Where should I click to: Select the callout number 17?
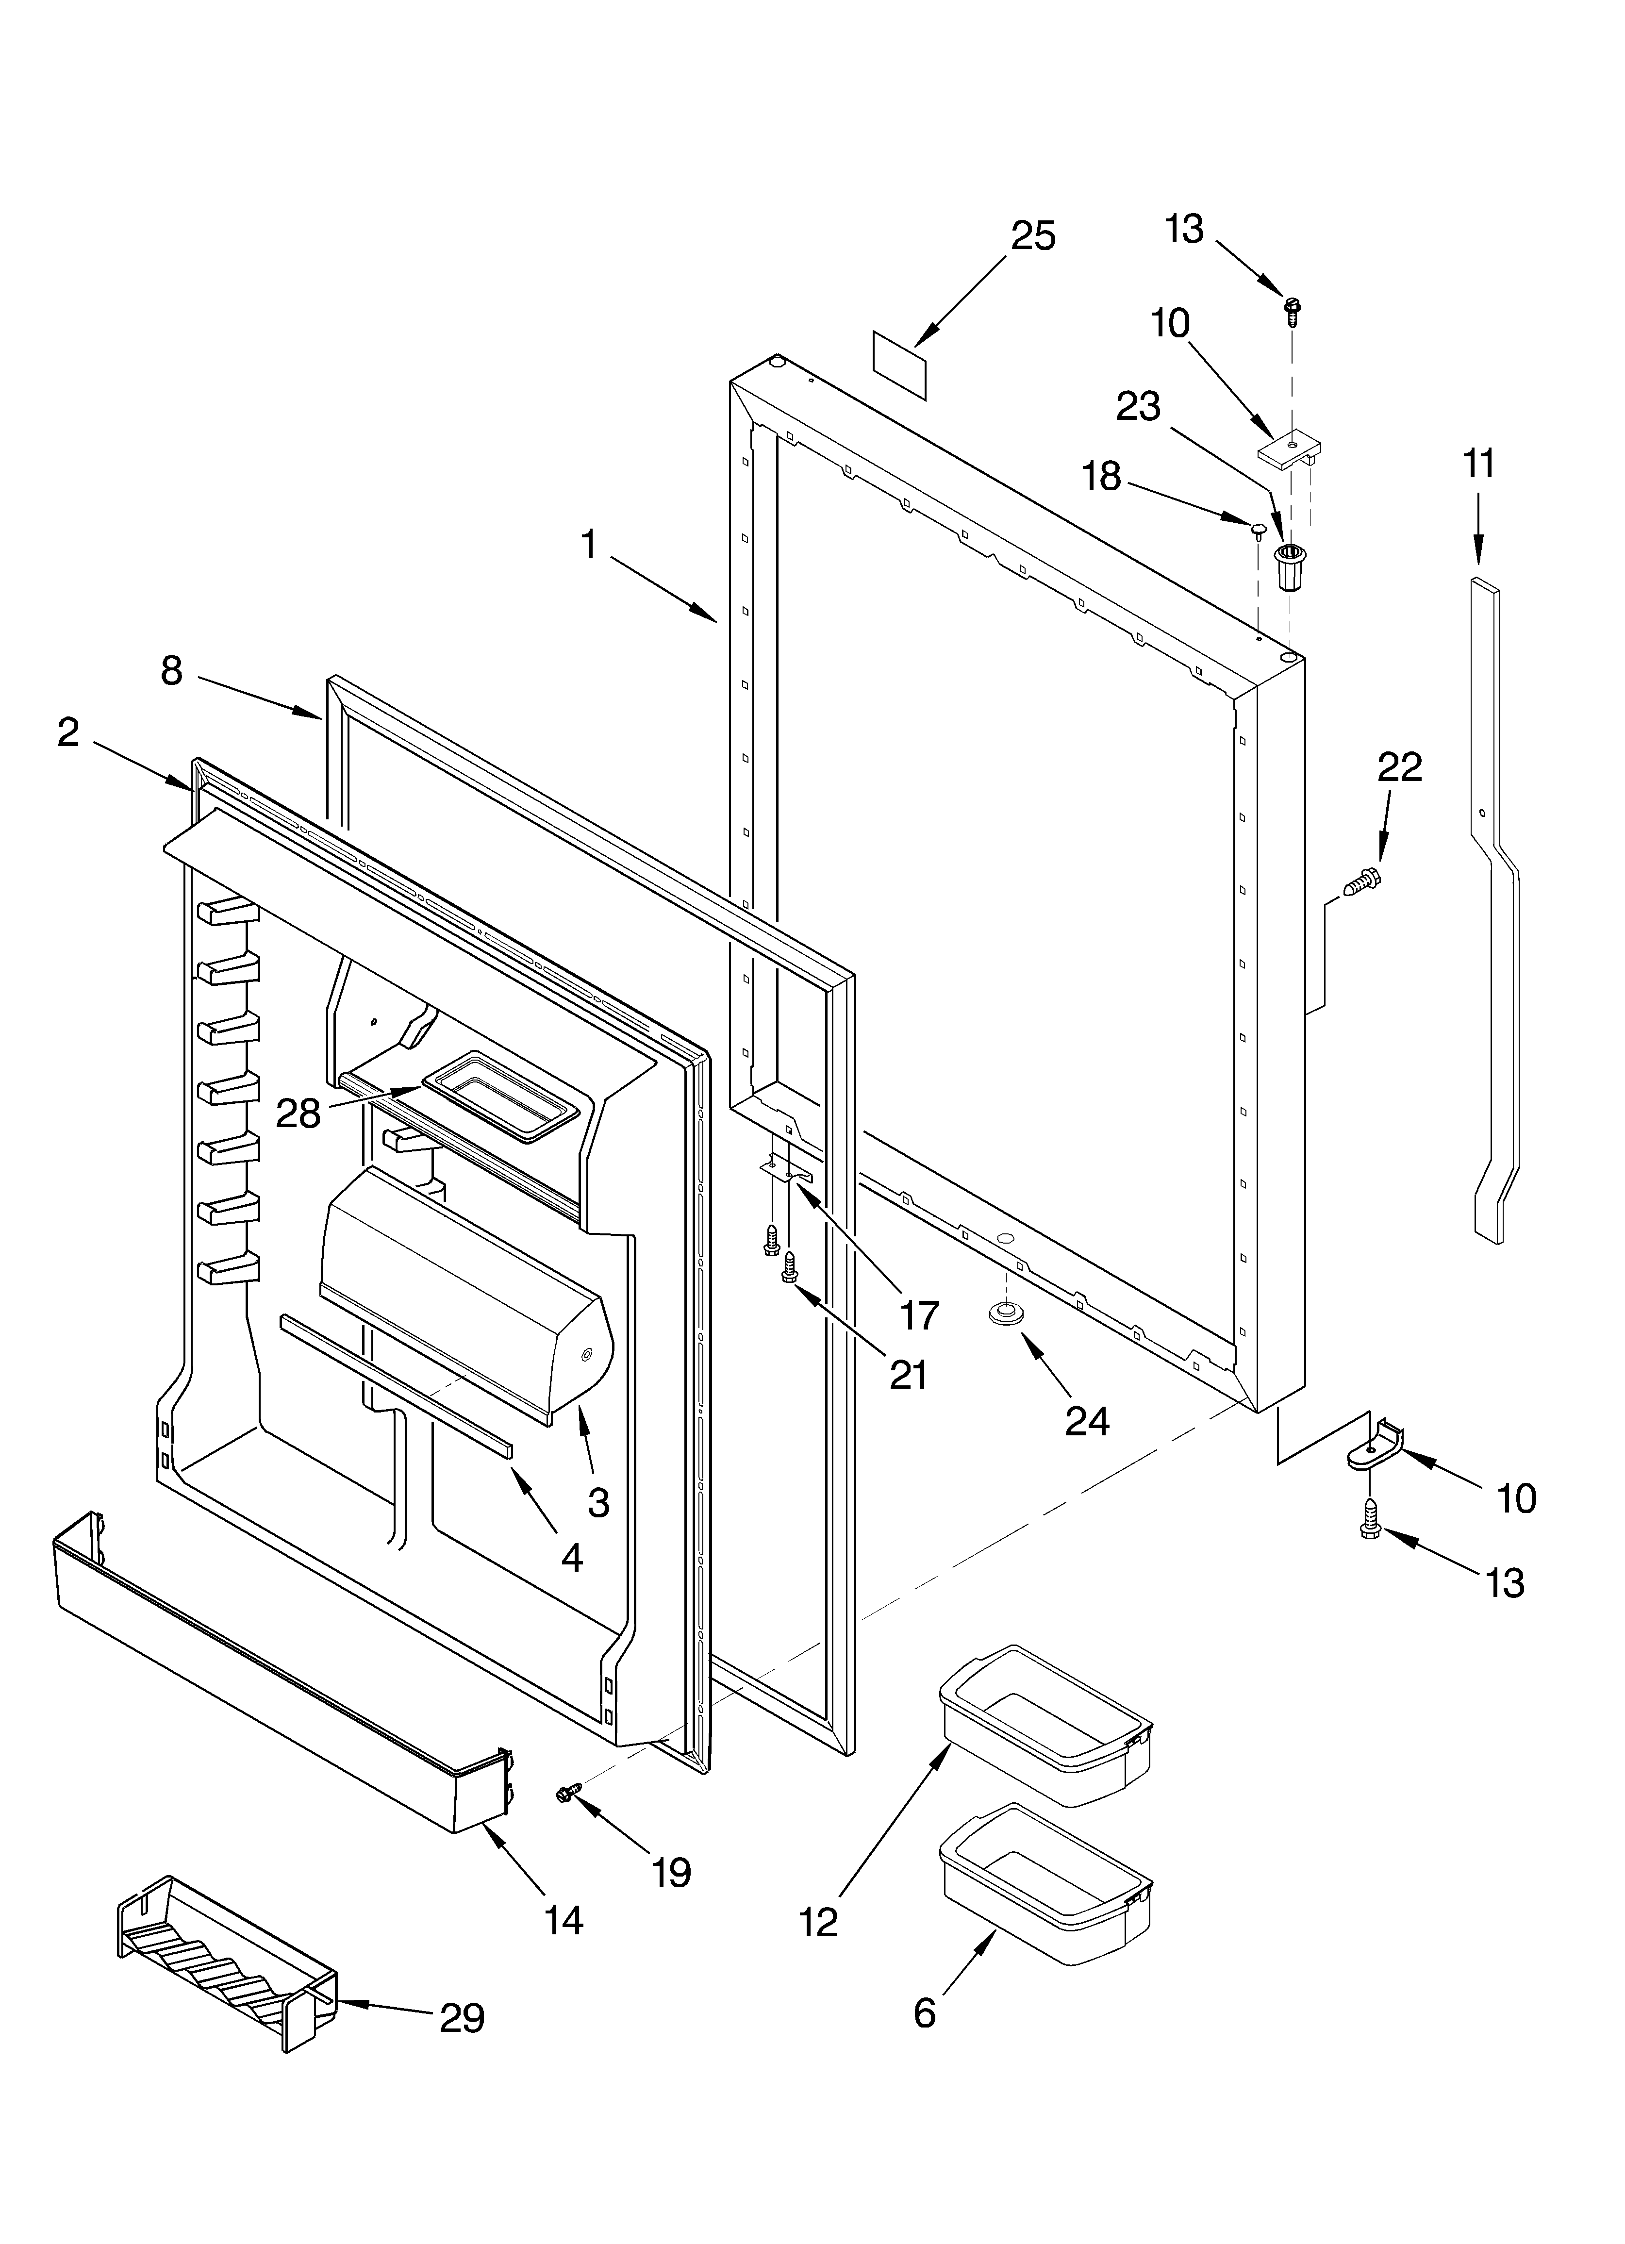click(x=918, y=1315)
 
